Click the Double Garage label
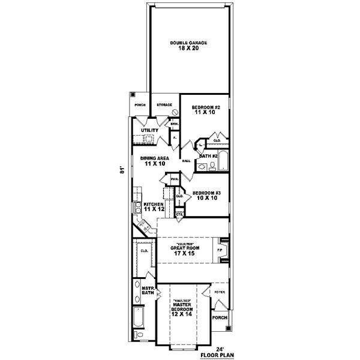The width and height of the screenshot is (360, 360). [x=188, y=45]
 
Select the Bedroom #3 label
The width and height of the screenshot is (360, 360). [x=206, y=195]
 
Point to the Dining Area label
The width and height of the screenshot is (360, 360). [x=154, y=161]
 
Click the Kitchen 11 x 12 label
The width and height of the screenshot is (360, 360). [x=154, y=206]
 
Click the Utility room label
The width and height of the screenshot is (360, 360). [x=149, y=130]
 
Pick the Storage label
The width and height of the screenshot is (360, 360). [x=164, y=105]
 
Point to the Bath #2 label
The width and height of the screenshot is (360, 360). [x=208, y=156]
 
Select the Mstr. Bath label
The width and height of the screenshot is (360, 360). [x=149, y=291]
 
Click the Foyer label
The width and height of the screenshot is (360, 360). [x=220, y=292]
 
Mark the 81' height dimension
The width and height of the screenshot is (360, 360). [x=121, y=170]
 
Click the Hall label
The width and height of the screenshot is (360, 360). [x=186, y=161]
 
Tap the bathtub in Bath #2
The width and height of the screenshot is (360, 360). [x=223, y=161]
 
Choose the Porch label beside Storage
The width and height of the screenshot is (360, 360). [x=140, y=105]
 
